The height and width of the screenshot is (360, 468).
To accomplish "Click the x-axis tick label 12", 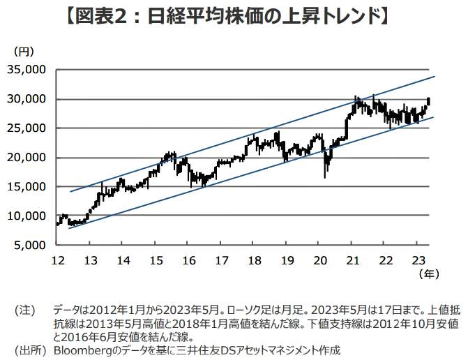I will pos(58,260).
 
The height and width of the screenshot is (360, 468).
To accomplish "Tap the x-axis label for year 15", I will pos(156,260).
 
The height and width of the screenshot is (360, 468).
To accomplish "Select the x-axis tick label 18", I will pos(254,260).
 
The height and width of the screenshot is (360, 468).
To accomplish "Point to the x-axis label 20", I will pos(319,260).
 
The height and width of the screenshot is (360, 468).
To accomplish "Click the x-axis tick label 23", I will pos(416,260).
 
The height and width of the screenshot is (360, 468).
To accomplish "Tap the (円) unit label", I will pos(23,52).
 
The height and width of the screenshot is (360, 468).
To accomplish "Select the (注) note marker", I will pos(25,308).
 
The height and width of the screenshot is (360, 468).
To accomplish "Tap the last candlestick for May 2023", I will pos(428,101).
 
